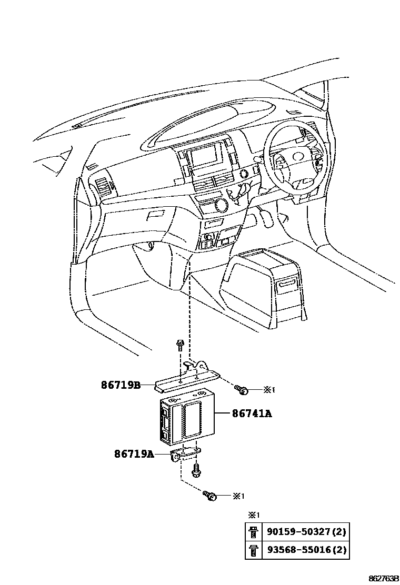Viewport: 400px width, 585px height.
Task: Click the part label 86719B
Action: click(x=121, y=385)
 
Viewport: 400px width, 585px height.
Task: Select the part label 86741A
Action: click(x=252, y=414)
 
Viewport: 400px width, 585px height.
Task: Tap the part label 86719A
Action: click(x=134, y=453)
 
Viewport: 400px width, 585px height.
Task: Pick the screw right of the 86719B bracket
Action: click(x=242, y=389)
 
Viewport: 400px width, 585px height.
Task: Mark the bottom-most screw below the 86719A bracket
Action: click(x=210, y=495)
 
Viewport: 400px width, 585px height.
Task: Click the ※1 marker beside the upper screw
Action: click(x=269, y=390)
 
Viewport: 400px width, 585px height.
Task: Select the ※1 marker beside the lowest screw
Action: click(x=238, y=496)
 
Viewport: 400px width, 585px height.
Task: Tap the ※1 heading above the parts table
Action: click(x=254, y=515)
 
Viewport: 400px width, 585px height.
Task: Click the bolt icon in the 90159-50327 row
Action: click(x=252, y=532)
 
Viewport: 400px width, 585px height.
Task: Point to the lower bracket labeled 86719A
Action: click(x=187, y=454)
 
